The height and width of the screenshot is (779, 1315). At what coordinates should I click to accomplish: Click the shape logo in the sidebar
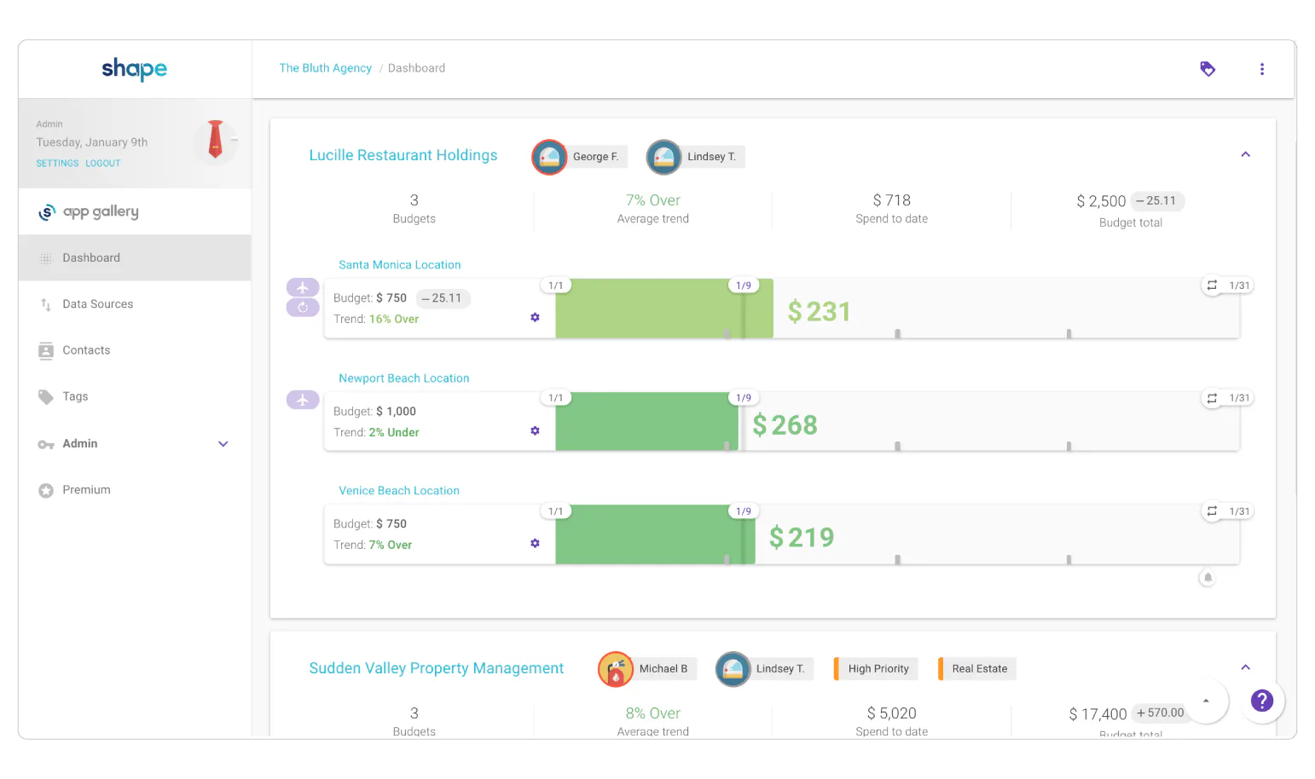pos(134,68)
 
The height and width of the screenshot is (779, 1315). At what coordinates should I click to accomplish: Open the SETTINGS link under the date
pos(57,163)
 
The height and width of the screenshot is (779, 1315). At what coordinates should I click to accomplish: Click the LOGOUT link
pos(103,163)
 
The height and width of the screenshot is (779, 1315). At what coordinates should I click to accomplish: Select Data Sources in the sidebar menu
pos(97,304)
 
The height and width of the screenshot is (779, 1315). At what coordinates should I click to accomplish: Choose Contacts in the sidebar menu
pos(86,350)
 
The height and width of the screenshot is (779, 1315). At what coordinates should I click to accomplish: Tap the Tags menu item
pos(75,396)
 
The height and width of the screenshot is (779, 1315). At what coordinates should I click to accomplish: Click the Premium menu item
pos(86,490)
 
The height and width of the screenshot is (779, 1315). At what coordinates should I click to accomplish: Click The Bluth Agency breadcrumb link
pos(325,68)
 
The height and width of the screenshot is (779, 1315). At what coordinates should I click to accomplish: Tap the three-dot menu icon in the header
pos(1262,69)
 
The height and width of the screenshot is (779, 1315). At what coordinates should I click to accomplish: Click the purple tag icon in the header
pos(1208,69)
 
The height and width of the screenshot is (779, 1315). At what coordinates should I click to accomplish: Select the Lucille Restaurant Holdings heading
pos(403,155)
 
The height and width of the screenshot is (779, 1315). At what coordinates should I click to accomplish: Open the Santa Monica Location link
pos(399,265)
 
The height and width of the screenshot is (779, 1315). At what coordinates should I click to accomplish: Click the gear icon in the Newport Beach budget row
pos(535,430)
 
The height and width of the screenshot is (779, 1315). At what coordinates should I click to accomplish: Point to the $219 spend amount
pos(801,538)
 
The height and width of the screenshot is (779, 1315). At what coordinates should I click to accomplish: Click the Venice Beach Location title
pos(398,491)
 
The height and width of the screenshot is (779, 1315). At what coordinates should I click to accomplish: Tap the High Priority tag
pos(878,669)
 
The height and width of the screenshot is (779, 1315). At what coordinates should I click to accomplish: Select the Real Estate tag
pos(978,669)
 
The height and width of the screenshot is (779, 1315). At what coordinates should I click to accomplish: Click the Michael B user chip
pos(648,669)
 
